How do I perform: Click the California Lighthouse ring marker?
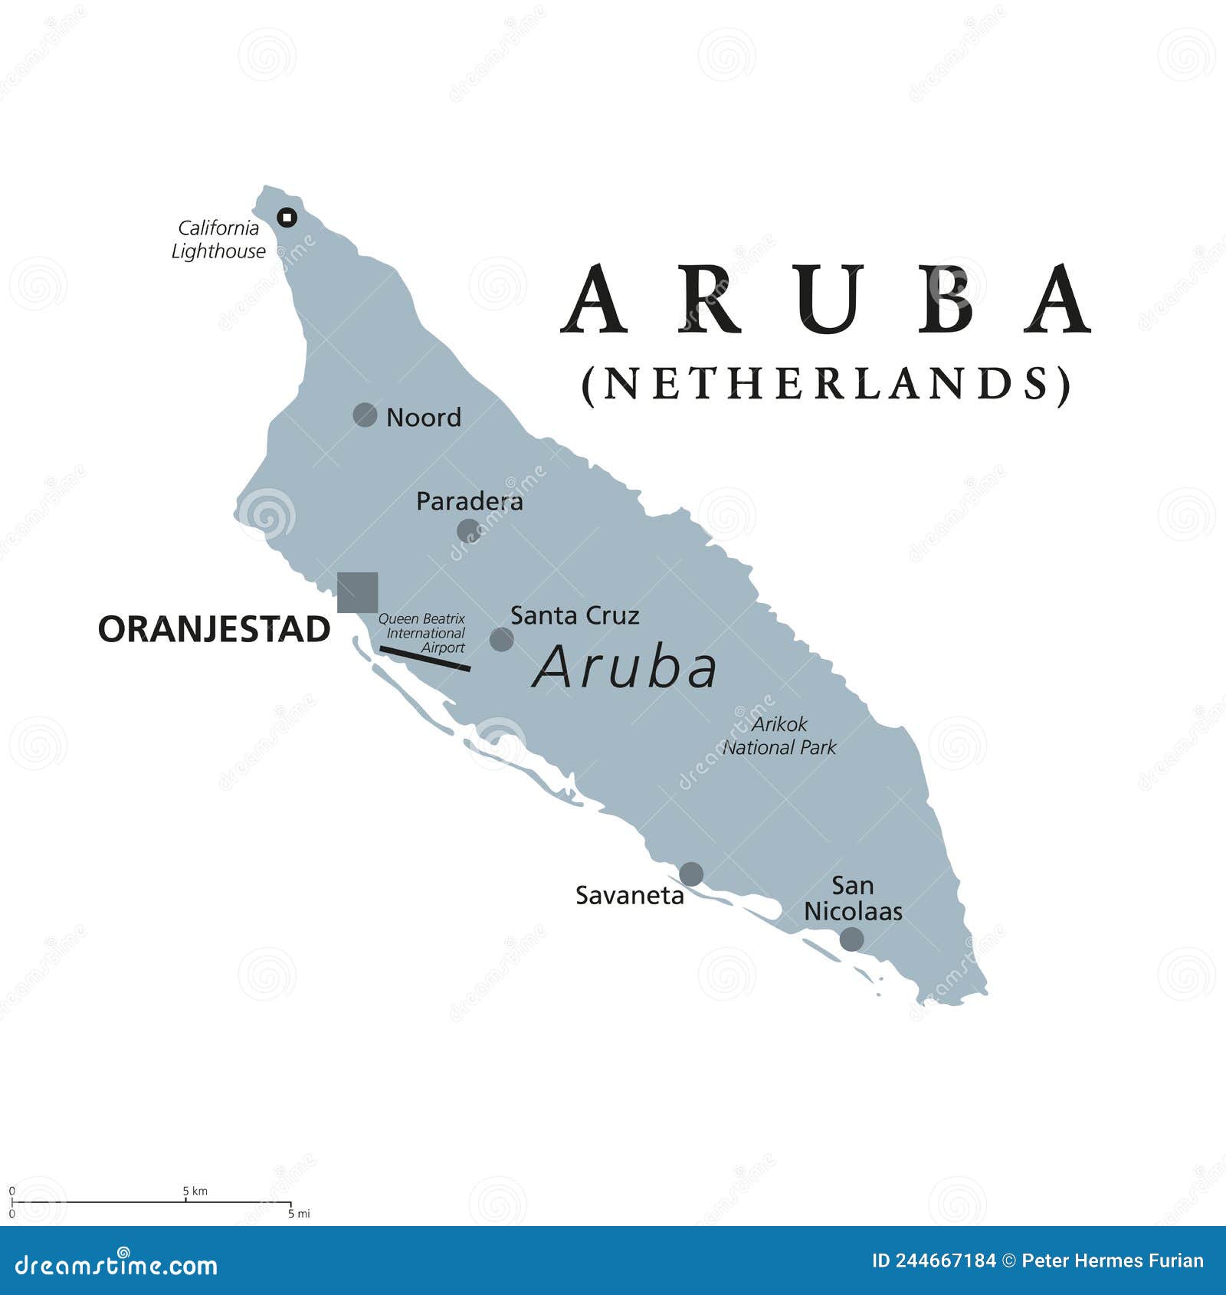pos(287,218)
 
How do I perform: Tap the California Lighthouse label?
pos(218,239)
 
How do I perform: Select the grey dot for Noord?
pos(365,415)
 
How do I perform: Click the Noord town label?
pos(424,418)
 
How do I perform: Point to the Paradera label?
pos(469,501)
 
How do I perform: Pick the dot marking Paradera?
pos(468,530)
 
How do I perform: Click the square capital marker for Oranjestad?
pos(357,592)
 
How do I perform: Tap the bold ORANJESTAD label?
pos(214,630)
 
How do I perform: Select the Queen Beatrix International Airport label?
pos(424,633)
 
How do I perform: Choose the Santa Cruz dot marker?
pos(501,639)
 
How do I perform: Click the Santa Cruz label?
pos(575,615)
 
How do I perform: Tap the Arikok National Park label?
pos(779,736)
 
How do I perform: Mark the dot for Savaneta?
pos(691,874)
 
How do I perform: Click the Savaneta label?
pos(629,895)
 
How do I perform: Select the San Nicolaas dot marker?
pos(851,939)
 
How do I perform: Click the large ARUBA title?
pos(826,300)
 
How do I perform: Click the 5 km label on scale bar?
pos(195,1191)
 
